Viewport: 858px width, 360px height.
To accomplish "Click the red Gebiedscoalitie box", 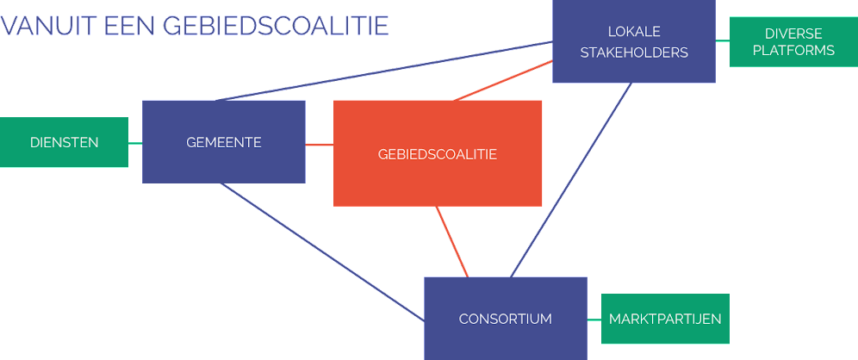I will tap(438, 153).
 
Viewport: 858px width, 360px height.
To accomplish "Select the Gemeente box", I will tap(223, 142).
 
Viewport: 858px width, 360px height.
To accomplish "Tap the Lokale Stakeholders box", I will tap(633, 41).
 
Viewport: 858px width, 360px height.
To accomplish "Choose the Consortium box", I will tap(505, 318).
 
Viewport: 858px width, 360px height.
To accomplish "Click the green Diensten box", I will tap(64, 142).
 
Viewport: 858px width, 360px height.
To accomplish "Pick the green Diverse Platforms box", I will tap(793, 41).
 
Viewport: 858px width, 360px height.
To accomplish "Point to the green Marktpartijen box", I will tap(665, 319).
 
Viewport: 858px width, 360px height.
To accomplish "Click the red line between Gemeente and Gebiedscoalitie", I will tap(320, 144).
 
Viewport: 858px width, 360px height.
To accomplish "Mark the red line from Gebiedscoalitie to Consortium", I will tap(452, 242).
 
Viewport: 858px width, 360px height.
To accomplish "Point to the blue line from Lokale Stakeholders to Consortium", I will tap(570, 180).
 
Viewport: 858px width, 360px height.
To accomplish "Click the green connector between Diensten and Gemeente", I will tap(135, 143).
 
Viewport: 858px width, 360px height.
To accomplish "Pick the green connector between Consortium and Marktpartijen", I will tap(594, 320).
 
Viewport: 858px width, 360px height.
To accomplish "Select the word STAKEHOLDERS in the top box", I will tap(634, 53).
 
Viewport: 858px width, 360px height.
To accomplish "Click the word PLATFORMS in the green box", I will tap(793, 51).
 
